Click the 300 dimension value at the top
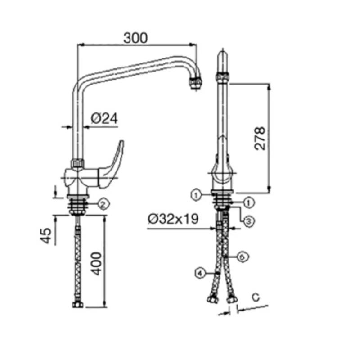[x=135, y=38]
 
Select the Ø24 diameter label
[x=104, y=118]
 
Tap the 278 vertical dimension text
[x=260, y=138]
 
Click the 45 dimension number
[x=46, y=235]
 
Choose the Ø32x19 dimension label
[x=173, y=219]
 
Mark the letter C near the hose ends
[x=256, y=297]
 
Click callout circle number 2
[x=103, y=204]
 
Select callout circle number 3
[x=249, y=221]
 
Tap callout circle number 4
[x=200, y=273]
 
